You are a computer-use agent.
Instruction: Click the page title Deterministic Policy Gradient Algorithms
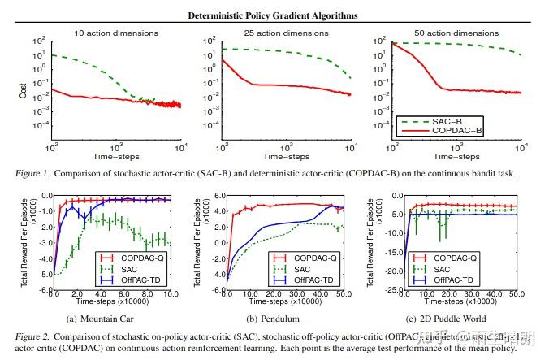coord(275,15)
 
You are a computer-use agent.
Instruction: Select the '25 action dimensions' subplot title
coord(283,33)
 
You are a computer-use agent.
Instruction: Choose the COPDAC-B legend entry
coord(492,128)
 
